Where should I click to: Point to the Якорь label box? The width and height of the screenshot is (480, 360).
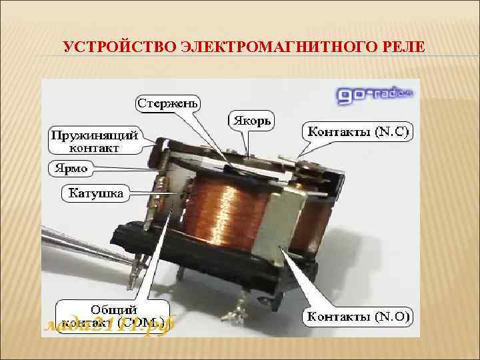click(x=251, y=121)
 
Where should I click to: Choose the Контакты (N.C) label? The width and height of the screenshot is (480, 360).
click(x=359, y=132)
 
